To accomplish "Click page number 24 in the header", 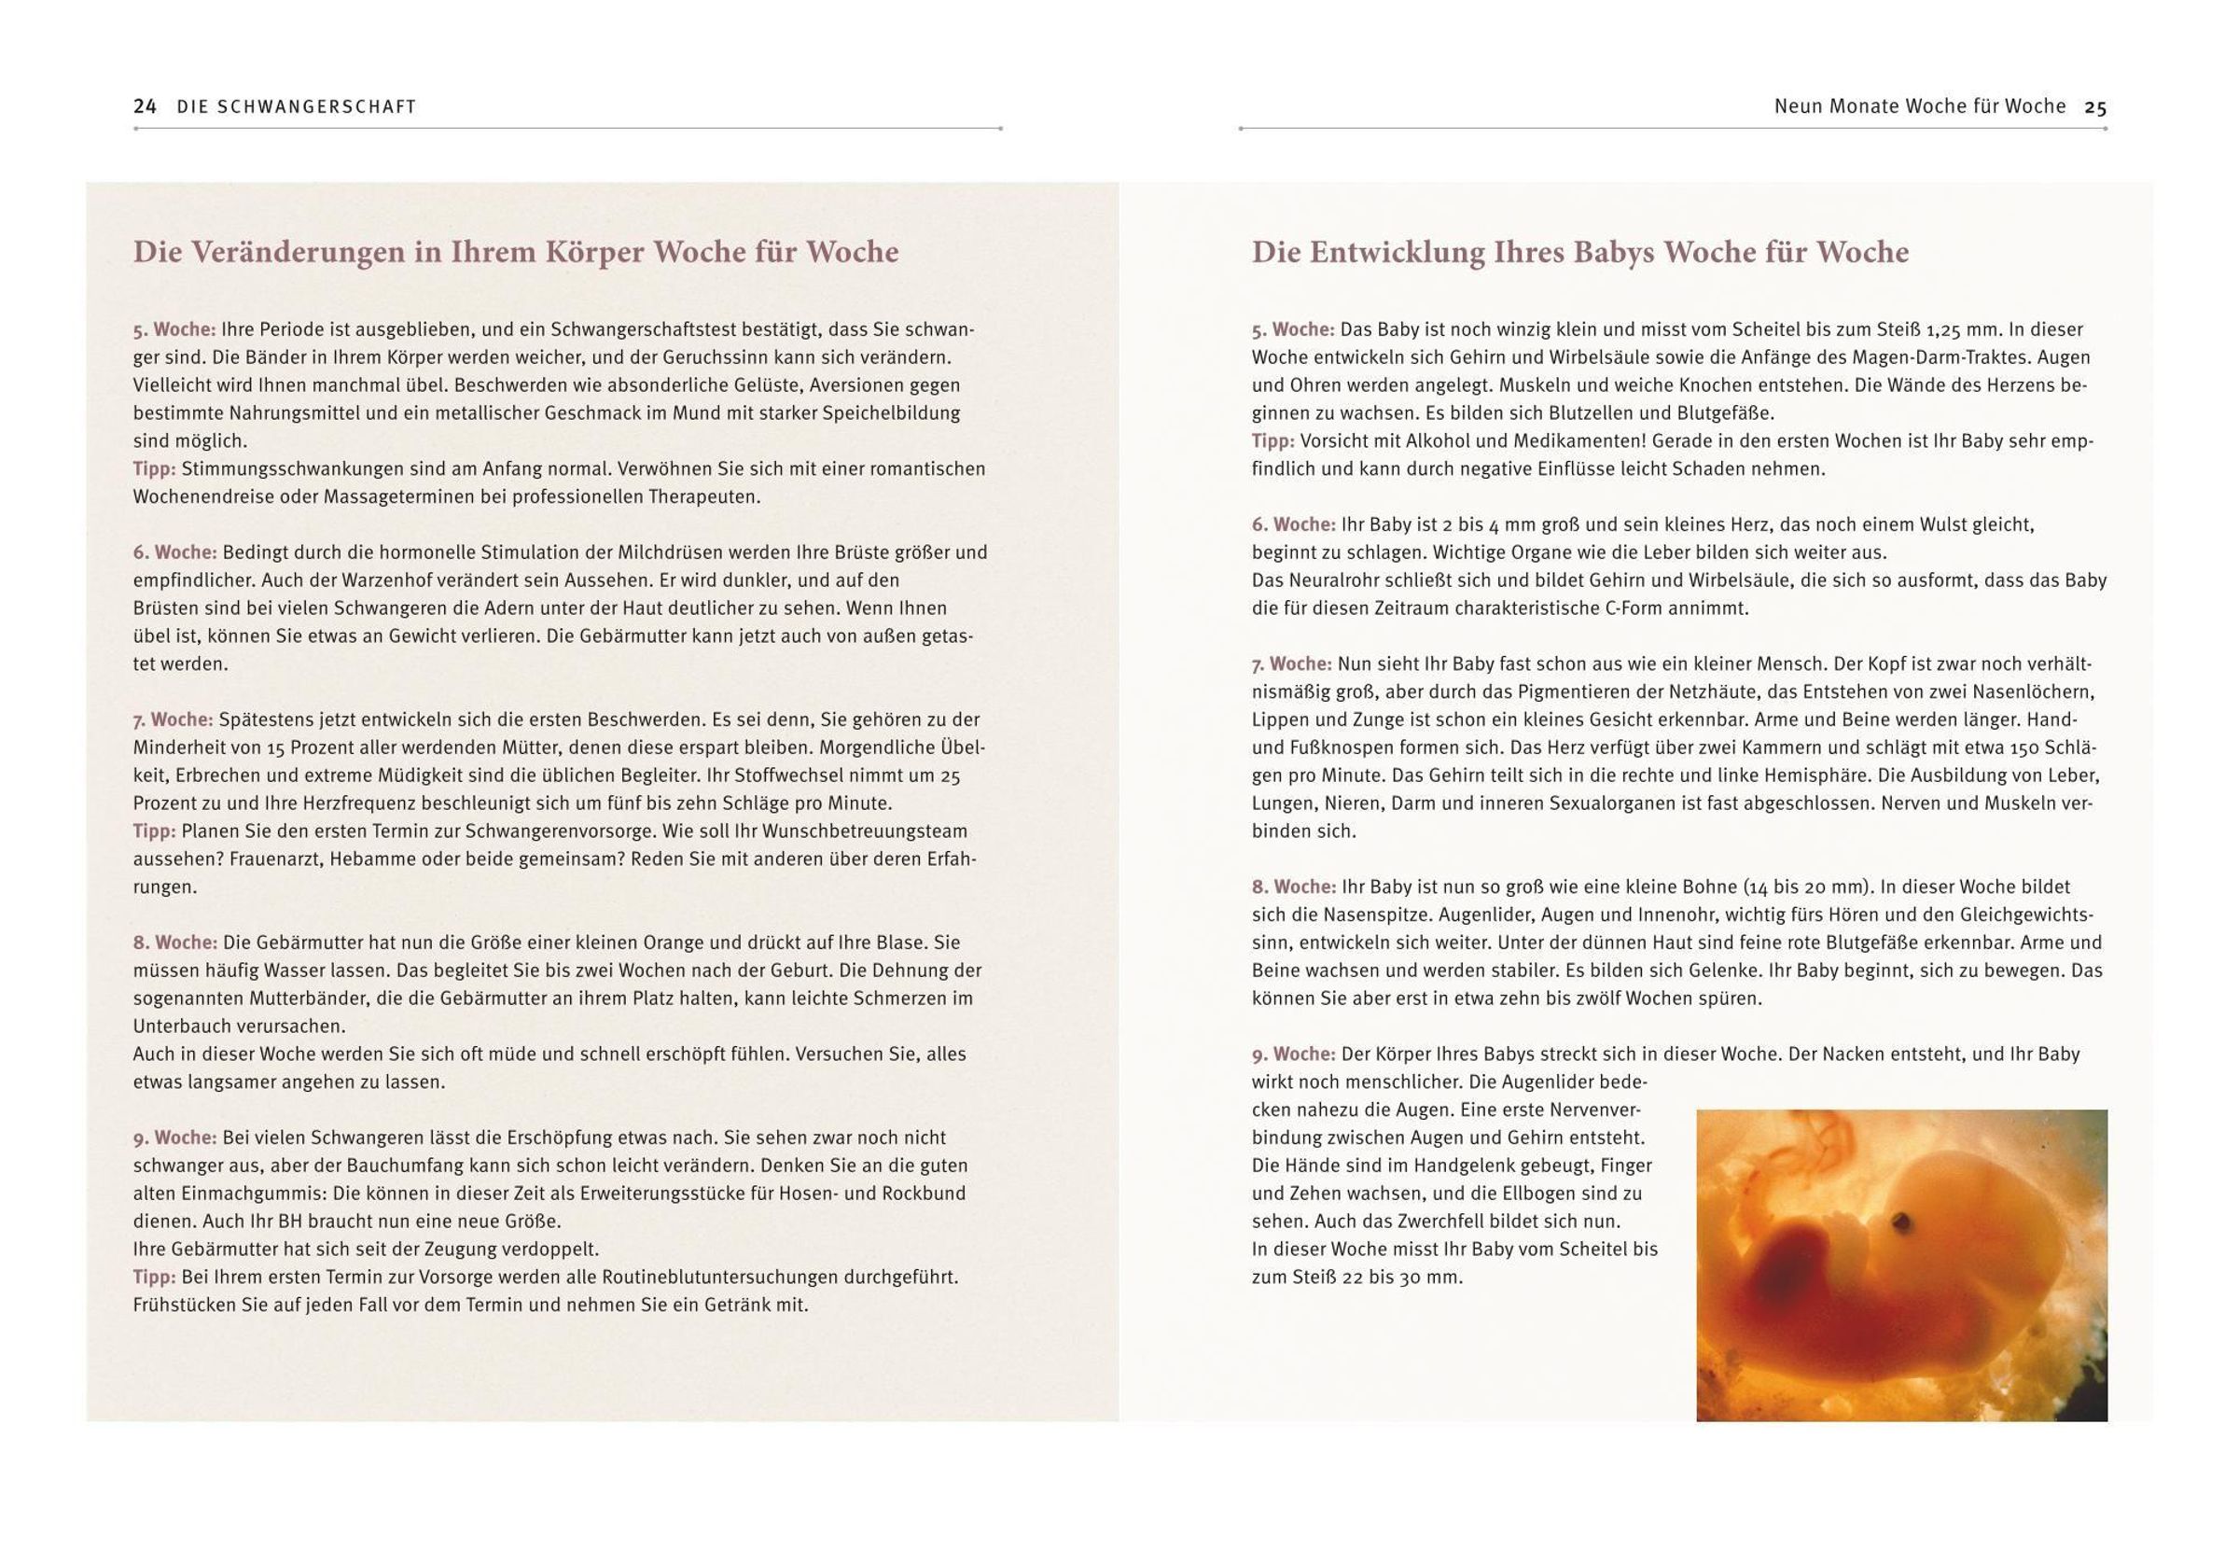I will (x=145, y=106).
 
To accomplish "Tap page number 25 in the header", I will (x=2095, y=106).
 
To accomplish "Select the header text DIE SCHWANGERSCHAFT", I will (x=296, y=106).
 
